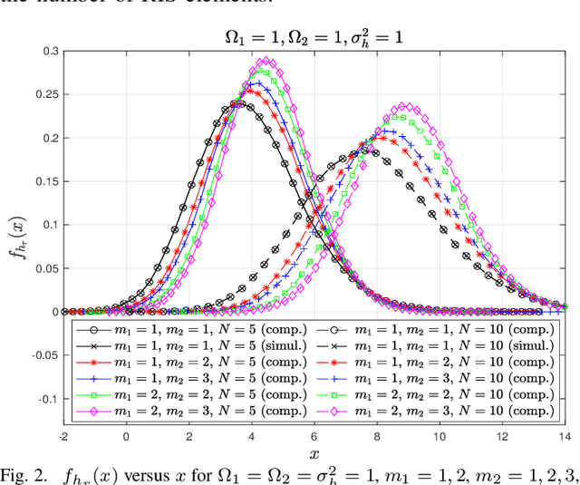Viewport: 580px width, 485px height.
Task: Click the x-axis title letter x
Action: pos(314,453)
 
